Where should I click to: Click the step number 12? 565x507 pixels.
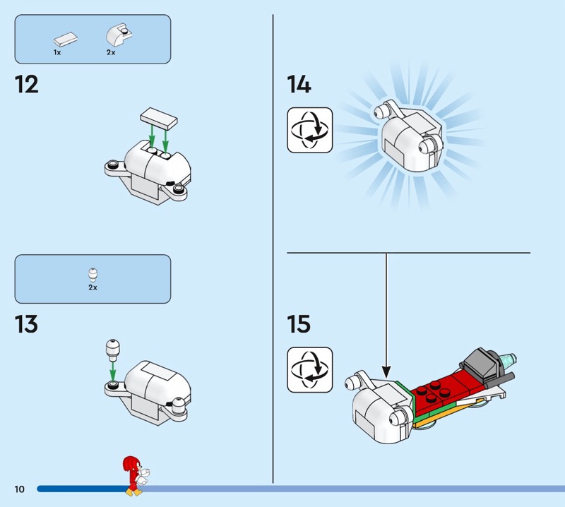(x=27, y=85)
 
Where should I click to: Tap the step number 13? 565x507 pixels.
(x=26, y=324)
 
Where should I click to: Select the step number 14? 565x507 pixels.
(x=299, y=84)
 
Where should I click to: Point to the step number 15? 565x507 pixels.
(x=299, y=324)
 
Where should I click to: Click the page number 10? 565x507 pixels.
(x=20, y=489)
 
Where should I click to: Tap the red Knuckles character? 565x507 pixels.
(x=136, y=476)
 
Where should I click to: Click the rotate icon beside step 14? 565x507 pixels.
(x=310, y=130)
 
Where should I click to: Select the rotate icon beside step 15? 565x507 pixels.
(x=310, y=370)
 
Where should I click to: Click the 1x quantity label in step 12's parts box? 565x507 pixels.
(x=57, y=53)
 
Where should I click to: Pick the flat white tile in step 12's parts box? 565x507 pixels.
(x=66, y=40)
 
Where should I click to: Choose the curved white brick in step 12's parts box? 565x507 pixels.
(x=119, y=35)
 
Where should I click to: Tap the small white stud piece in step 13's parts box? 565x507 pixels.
(x=93, y=275)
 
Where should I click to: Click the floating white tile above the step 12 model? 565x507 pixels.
(x=159, y=118)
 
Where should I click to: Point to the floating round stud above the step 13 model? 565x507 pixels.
(x=112, y=350)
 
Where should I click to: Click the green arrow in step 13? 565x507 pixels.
(x=112, y=371)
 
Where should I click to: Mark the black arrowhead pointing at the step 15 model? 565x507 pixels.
(x=386, y=372)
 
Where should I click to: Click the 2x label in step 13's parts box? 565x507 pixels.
(x=93, y=287)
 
